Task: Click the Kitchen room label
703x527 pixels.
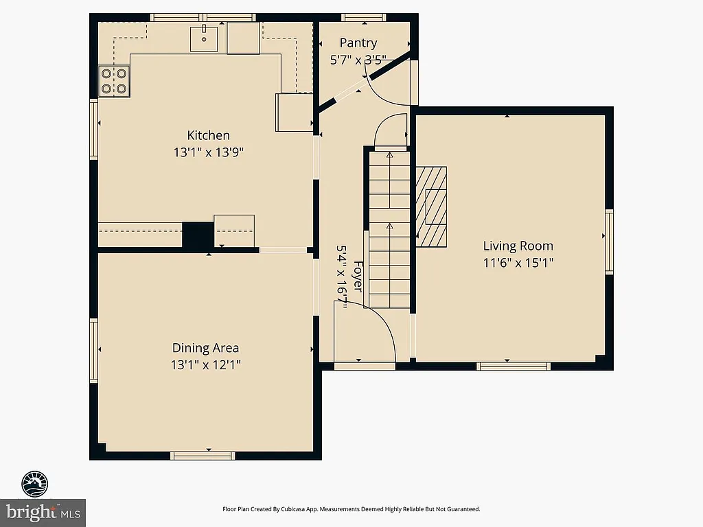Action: [209, 135]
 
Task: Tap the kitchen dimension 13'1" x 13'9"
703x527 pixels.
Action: [209, 152]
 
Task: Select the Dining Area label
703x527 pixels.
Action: [205, 348]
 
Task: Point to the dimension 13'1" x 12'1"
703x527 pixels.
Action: [205, 365]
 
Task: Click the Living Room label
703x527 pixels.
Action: [518, 246]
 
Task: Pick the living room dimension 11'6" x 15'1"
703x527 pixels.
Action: [518, 262]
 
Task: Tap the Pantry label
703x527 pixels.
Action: [358, 43]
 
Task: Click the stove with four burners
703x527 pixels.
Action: [115, 80]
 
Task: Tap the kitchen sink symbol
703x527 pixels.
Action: [204, 38]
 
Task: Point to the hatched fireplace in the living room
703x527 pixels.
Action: [431, 206]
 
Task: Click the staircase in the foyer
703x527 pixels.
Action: [389, 230]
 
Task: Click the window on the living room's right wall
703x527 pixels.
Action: [609, 242]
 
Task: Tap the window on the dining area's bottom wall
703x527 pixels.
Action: [203, 455]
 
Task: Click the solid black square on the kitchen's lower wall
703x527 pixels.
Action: [198, 235]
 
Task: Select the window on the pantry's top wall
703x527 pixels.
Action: [363, 17]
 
